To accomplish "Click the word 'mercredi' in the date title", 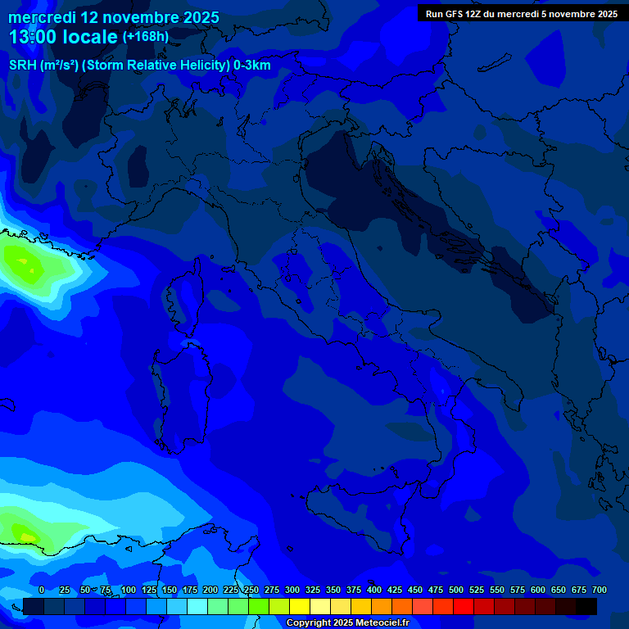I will [42, 17].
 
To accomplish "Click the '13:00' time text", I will [34, 38].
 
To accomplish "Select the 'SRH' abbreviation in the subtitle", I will [22, 66].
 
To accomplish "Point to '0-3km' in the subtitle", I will [252, 66].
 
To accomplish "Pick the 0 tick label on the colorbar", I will [42, 590].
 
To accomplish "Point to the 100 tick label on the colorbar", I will [129, 590].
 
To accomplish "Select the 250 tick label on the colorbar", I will [251, 590].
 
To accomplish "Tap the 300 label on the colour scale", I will [292, 590].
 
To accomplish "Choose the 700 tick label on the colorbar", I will [599, 590].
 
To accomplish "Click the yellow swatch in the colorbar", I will [300, 606].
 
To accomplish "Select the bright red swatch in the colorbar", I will [464, 606].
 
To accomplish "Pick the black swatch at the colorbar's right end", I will [586, 606].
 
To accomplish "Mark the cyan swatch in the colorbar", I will [197, 606].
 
